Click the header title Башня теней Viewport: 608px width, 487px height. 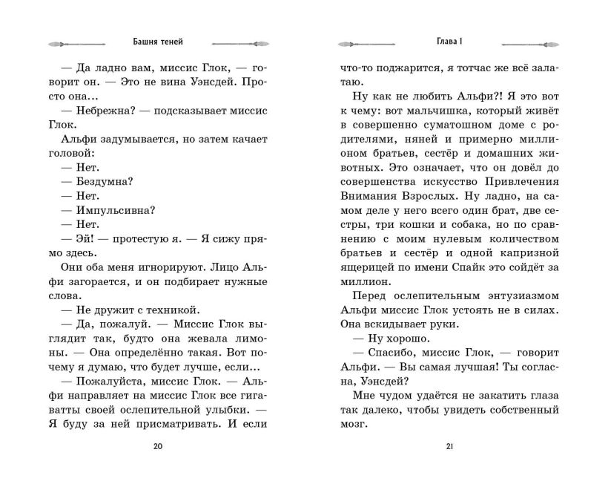[x=158, y=42]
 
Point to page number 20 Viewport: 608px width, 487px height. [x=157, y=447]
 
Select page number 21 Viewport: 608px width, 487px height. [x=450, y=447]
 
